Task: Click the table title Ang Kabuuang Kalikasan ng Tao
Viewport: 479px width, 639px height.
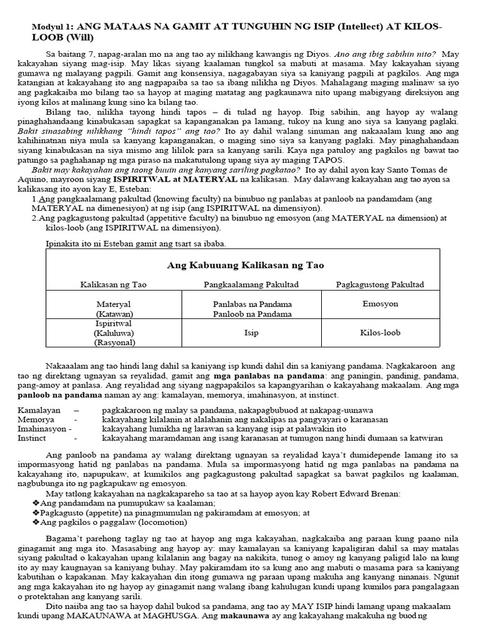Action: tap(246, 265)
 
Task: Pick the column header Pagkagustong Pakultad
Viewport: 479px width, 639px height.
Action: tap(380, 285)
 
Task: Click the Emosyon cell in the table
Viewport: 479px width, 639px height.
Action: tap(380, 304)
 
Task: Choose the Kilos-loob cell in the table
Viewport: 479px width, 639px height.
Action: tap(380, 333)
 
